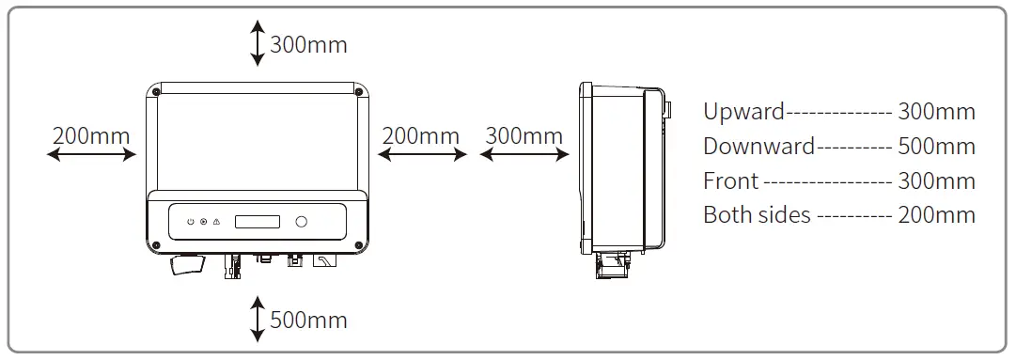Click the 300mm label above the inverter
[308, 44]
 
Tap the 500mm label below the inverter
[308, 320]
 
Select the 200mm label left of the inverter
[91, 134]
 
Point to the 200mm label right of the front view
[422, 134]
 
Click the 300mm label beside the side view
[524, 134]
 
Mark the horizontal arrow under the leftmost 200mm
[91, 155]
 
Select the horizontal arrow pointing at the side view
[524, 155]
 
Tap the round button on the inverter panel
[302, 222]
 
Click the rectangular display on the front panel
[258, 222]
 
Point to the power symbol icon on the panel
[191, 222]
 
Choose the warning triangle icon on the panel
[215, 222]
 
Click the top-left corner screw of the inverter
[156, 91]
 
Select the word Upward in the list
[743, 112]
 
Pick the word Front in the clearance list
[730, 180]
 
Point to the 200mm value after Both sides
[937, 214]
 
